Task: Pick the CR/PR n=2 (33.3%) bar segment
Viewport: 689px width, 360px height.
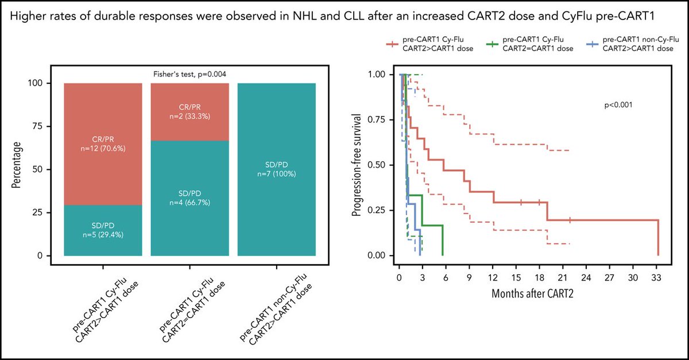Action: coord(189,115)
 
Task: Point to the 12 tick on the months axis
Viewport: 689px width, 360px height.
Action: coord(493,276)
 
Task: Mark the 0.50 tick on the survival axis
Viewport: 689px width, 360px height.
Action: coord(380,165)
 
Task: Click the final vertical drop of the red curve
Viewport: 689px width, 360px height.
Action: coord(657,238)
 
